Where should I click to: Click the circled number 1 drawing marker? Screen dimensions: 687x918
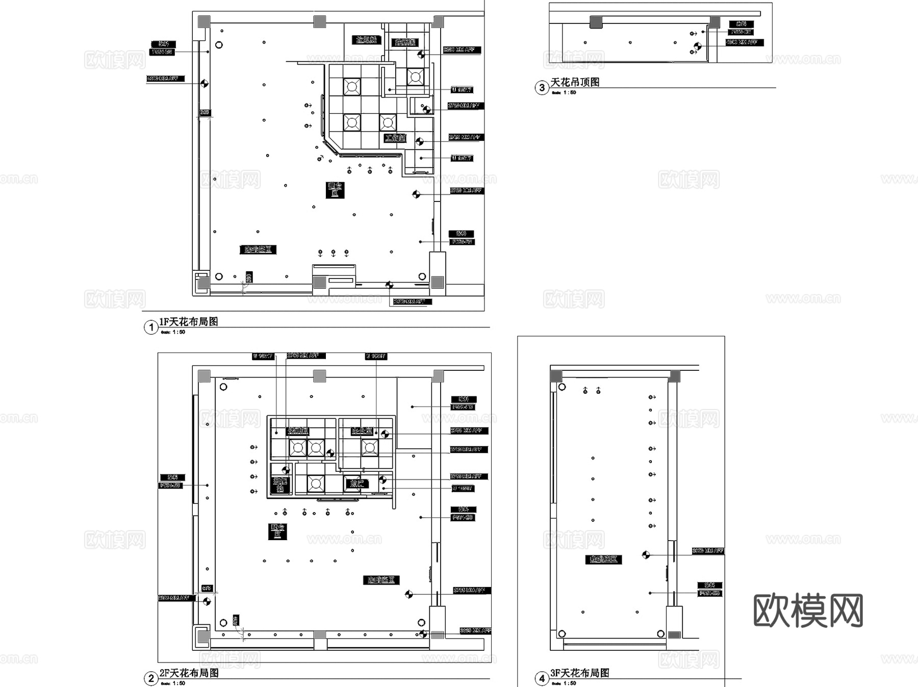click(x=150, y=327)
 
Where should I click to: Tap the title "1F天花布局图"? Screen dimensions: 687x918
click(x=189, y=322)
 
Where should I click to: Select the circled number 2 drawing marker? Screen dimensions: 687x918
click(x=150, y=678)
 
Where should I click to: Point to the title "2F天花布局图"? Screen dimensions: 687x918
click(x=189, y=673)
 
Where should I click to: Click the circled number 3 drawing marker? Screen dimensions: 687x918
click(x=542, y=88)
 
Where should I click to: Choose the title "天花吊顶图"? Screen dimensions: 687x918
click(x=575, y=82)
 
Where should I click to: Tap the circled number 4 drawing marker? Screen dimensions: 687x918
click(x=542, y=678)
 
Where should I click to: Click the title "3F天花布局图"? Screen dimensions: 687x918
click(x=580, y=673)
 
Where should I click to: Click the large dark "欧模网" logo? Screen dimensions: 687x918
click(x=808, y=610)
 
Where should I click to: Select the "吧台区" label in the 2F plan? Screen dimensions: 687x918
click(x=277, y=531)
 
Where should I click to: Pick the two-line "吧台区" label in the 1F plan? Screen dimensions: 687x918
click(x=335, y=190)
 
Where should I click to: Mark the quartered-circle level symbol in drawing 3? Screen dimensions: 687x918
click(x=698, y=46)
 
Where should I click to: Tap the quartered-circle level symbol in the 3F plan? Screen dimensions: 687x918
click(x=646, y=555)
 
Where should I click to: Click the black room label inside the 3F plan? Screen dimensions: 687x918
click(x=603, y=559)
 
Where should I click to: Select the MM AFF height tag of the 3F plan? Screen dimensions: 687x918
click(x=708, y=551)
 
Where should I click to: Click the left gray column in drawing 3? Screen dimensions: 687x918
click(x=596, y=22)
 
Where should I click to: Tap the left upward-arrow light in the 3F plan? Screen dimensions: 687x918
click(x=585, y=391)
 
